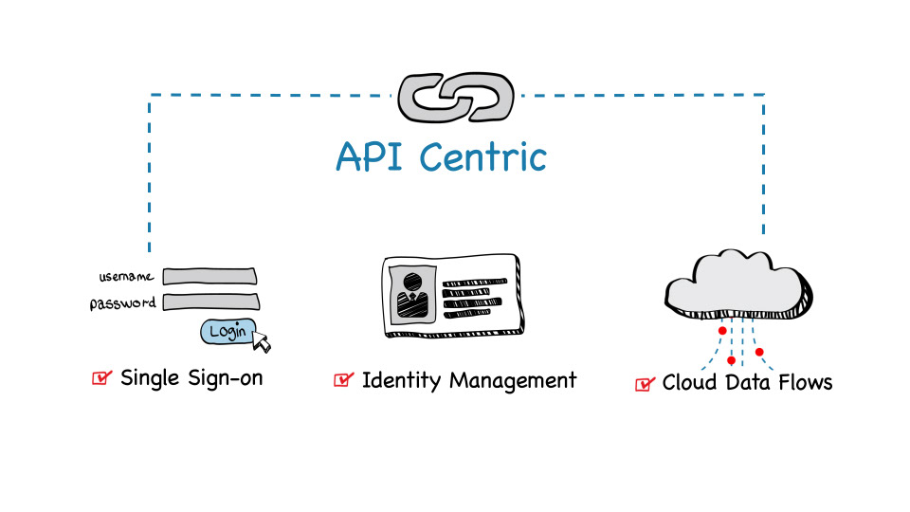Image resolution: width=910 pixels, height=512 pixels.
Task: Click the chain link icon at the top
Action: tap(456, 98)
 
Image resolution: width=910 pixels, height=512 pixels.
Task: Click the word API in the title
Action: tap(373, 155)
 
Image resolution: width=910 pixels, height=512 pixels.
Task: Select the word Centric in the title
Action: tap(482, 155)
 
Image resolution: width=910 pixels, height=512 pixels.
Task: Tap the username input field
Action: tap(209, 276)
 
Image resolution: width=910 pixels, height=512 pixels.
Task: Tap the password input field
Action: tap(209, 302)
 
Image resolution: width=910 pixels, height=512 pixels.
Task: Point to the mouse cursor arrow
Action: tap(261, 341)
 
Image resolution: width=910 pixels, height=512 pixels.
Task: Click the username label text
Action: tap(126, 277)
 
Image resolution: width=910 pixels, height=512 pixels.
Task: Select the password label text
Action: tap(122, 304)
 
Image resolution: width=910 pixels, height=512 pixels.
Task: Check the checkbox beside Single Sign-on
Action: tap(101, 378)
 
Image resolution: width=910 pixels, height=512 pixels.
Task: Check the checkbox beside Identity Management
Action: tap(343, 380)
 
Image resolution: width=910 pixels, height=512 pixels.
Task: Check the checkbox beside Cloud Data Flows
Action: tap(645, 383)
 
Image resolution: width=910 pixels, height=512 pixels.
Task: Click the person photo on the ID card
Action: tap(412, 293)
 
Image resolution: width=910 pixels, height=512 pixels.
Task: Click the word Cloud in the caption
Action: tap(689, 382)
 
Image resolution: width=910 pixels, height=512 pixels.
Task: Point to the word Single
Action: tap(149, 378)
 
